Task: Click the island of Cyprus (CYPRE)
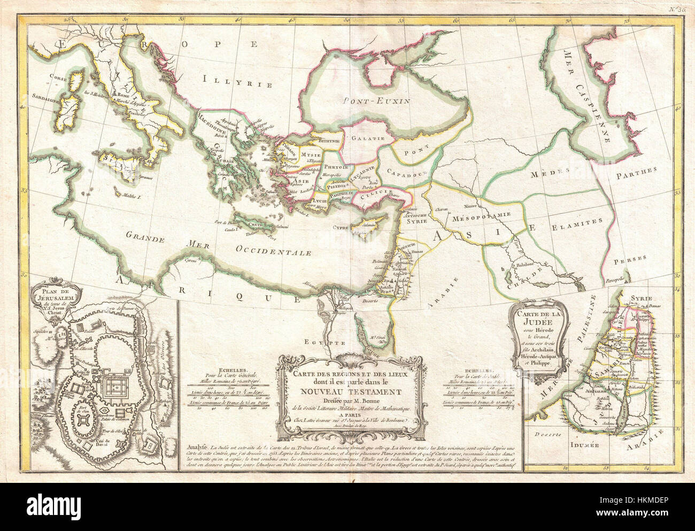click(x=368, y=221)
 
